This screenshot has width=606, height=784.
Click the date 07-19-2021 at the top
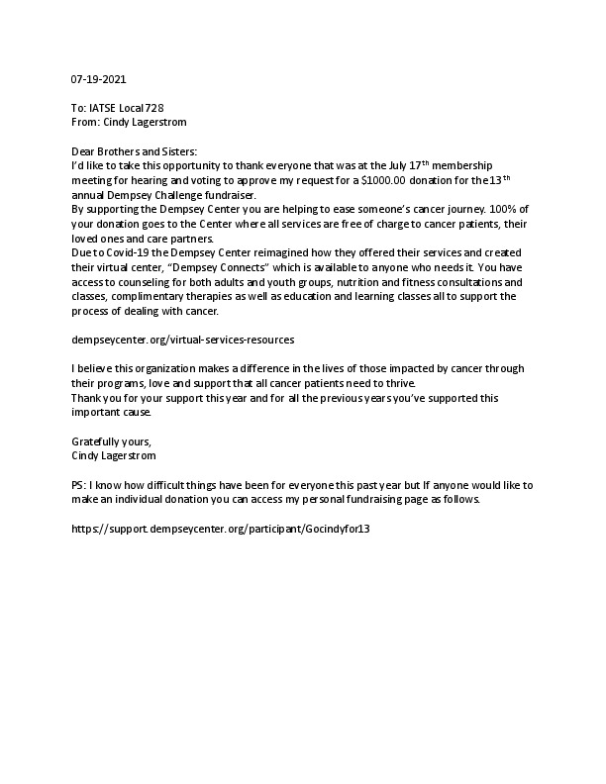tap(99, 78)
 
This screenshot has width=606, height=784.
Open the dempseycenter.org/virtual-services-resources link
tap(183, 340)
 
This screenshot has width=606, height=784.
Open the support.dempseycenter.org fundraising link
tap(221, 530)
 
